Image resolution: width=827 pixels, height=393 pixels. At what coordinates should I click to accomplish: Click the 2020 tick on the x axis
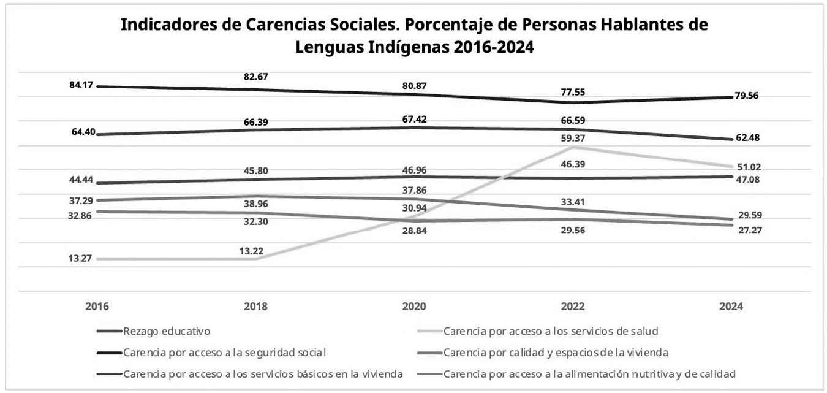[x=414, y=306]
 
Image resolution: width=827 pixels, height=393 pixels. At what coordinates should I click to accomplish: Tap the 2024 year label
[x=730, y=306]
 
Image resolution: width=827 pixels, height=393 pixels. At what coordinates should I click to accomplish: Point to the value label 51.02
[x=749, y=167]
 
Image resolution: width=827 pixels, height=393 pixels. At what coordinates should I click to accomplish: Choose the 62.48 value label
[x=749, y=137]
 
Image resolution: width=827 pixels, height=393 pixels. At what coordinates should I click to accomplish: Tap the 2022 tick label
[x=572, y=306]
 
